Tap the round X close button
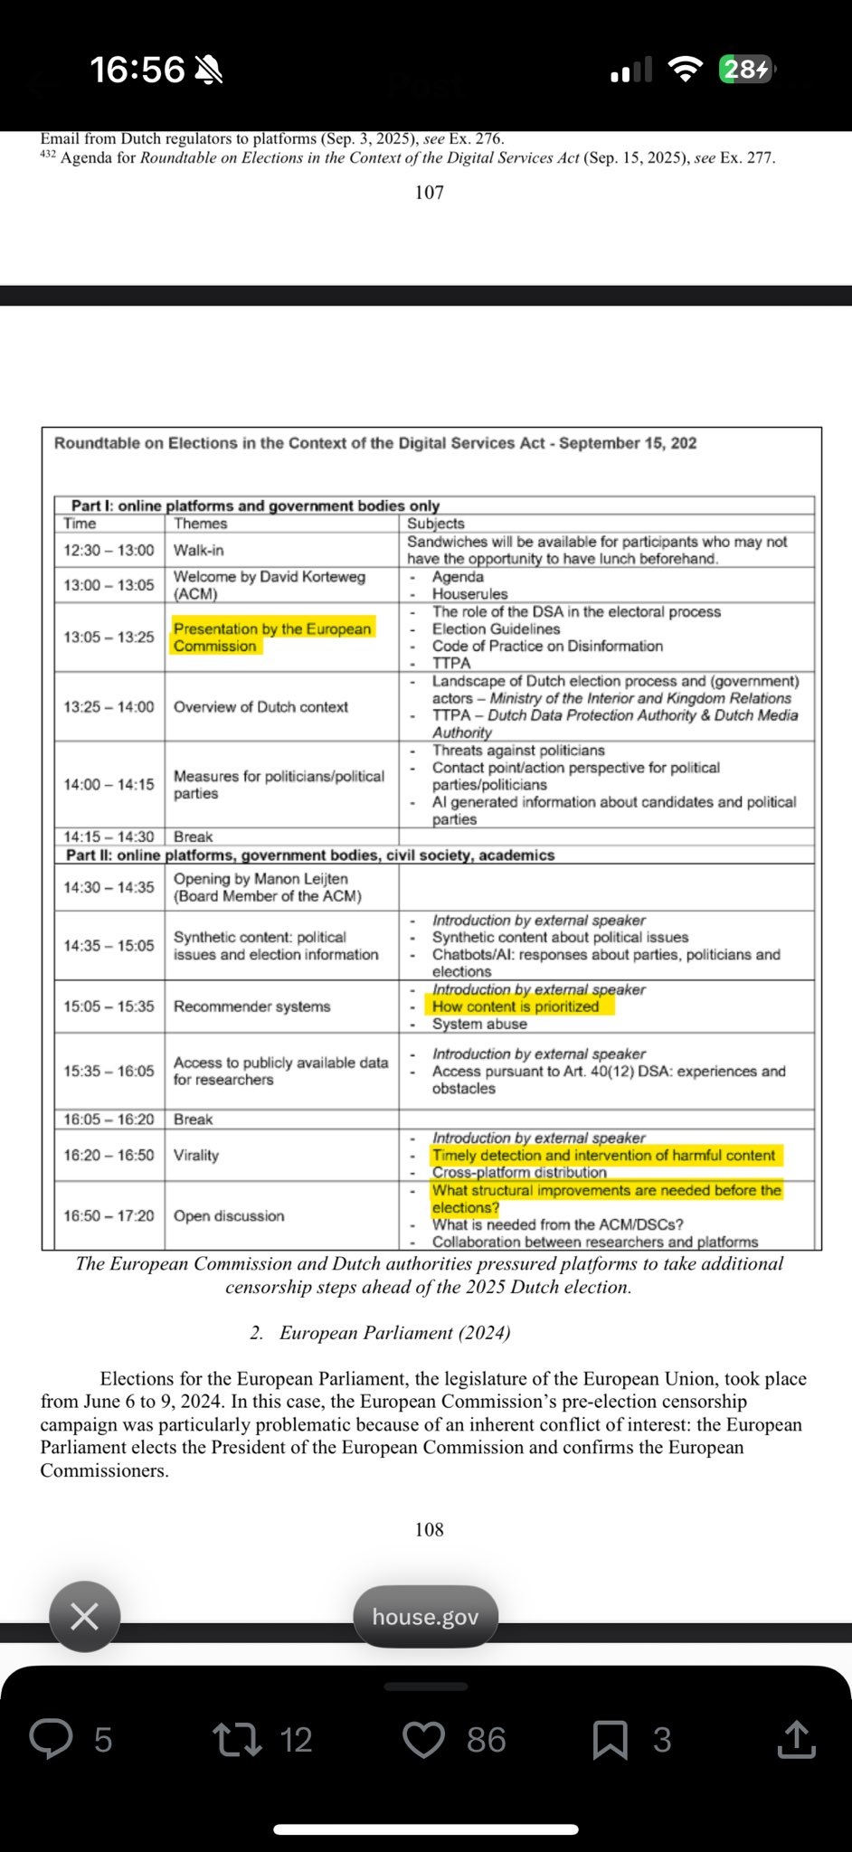pos(84,1616)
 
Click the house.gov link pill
pos(425,1617)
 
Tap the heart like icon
pos(423,1739)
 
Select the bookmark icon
pos(610,1740)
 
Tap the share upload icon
pos(796,1739)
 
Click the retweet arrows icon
pos(236,1739)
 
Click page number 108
pos(429,1529)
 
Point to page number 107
pos(429,192)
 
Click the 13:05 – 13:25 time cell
pos(109,638)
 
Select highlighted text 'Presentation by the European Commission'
pos(272,638)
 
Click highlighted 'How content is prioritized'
pos(516,1006)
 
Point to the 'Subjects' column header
pos(436,524)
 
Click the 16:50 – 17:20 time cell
pos(109,1216)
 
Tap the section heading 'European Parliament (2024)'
pos(394,1333)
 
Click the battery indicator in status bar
pos(745,70)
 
